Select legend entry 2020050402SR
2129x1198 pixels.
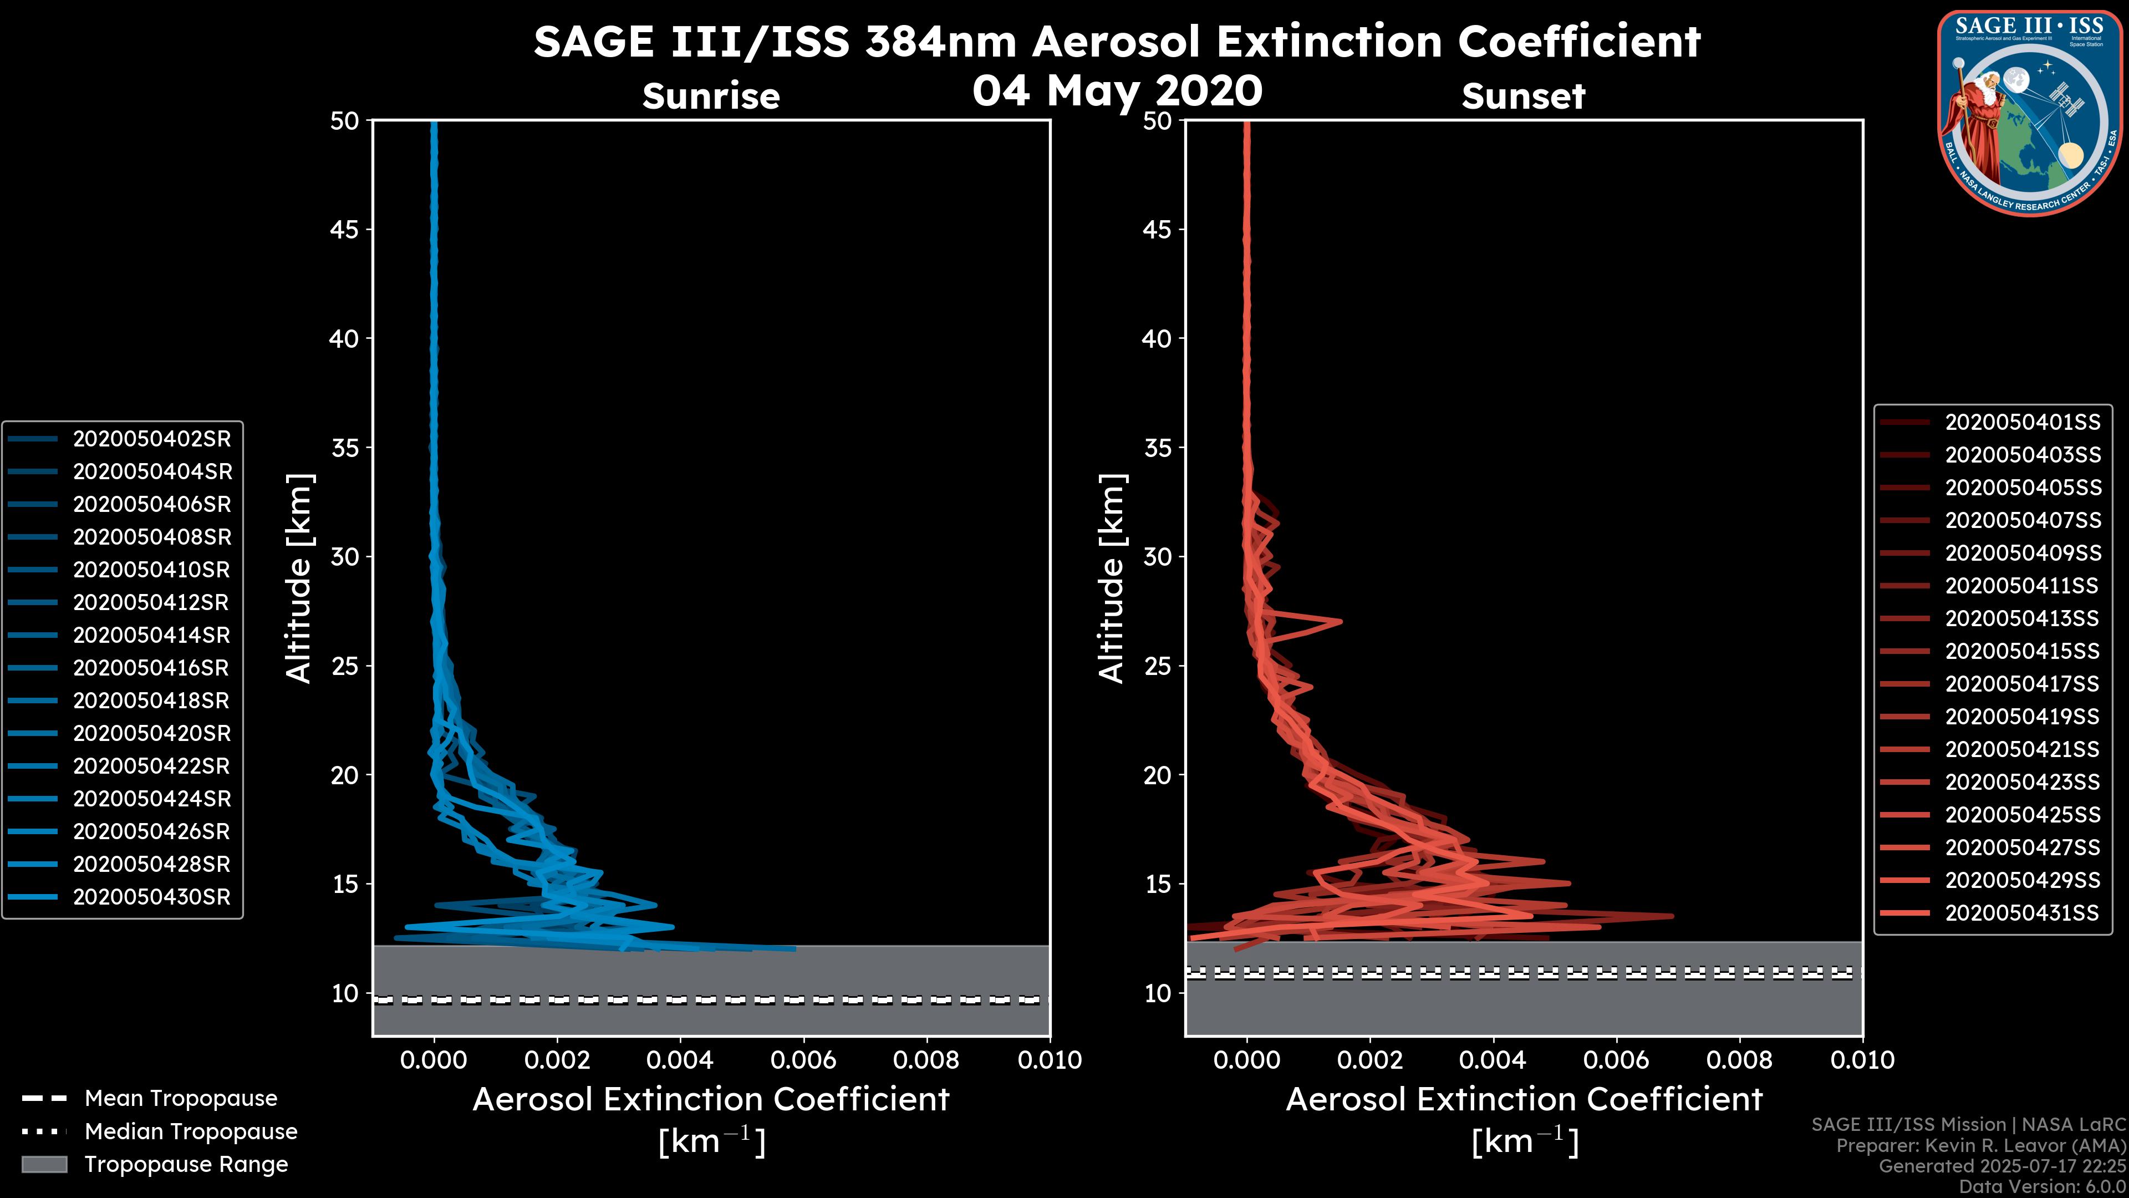(x=152, y=439)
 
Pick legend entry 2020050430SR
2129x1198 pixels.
(x=152, y=897)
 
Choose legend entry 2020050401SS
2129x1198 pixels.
(x=2021, y=423)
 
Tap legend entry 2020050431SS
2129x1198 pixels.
(x=2021, y=913)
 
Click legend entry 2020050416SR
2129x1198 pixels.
(x=152, y=668)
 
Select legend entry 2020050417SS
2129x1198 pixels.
(x=2021, y=684)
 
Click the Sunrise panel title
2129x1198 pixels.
(x=711, y=96)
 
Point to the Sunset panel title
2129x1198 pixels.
(x=1523, y=96)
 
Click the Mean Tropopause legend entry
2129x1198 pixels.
(x=180, y=1099)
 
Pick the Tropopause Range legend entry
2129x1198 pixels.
(x=186, y=1164)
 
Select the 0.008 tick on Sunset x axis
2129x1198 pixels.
(x=1740, y=1060)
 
